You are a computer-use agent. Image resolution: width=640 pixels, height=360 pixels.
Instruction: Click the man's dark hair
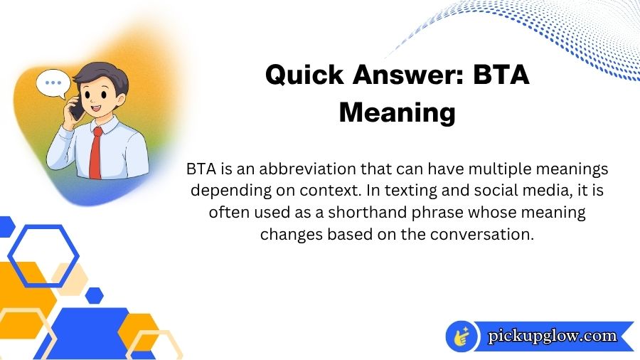pyautogui.click(x=100, y=74)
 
